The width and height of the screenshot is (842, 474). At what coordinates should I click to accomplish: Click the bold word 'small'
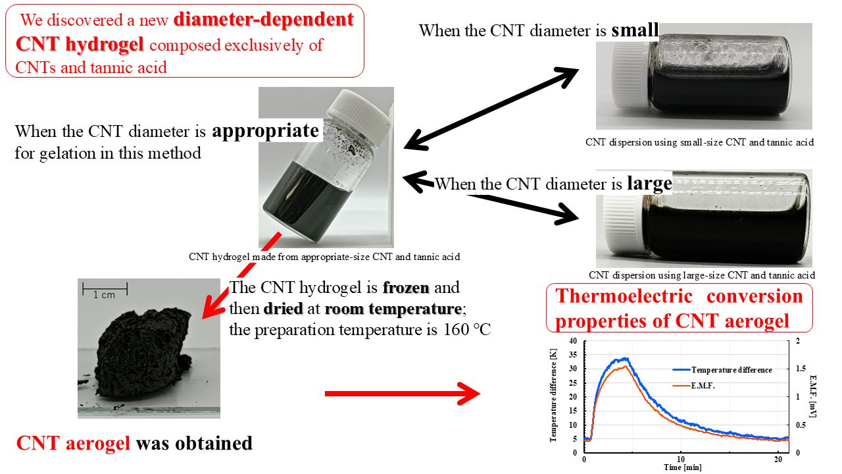click(x=635, y=30)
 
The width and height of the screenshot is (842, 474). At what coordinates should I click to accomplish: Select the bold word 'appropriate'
click(x=265, y=130)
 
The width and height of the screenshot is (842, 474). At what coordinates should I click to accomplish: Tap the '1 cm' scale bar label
click(x=103, y=294)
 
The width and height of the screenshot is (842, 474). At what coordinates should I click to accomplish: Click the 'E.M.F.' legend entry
click(x=703, y=386)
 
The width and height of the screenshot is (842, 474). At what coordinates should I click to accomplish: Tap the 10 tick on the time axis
click(x=681, y=459)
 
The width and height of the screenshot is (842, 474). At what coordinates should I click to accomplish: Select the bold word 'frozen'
click(x=407, y=288)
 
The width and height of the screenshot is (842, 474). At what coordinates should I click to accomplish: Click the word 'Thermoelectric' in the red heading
click(x=620, y=296)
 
